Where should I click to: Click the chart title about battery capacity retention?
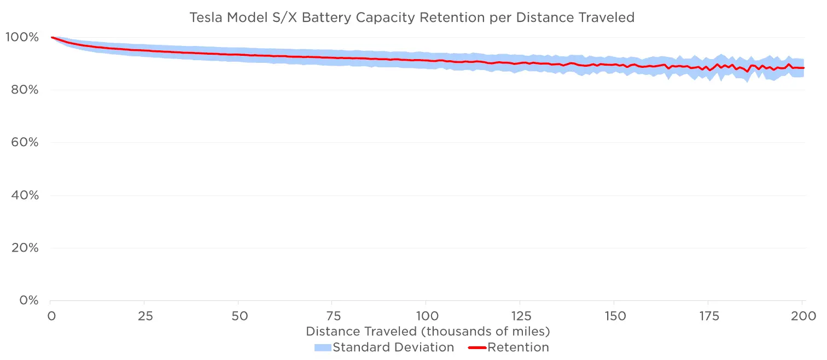point(412,18)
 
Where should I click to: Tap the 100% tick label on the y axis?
point(22,37)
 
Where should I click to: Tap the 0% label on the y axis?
point(28,300)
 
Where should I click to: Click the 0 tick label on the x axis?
point(51,316)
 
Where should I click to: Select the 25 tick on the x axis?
point(144,316)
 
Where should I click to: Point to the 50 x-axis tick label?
point(238,316)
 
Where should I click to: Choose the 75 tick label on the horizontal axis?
point(333,316)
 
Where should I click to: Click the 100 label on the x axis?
point(426,316)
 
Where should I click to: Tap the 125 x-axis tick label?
point(520,316)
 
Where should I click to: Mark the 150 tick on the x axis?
point(614,316)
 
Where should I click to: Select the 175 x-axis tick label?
point(708,316)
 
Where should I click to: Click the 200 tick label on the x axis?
point(802,316)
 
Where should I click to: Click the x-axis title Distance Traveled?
point(428,332)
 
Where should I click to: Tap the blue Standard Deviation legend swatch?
point(323,347)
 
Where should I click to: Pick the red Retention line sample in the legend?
point(477,347)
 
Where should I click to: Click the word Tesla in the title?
point(205,18)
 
